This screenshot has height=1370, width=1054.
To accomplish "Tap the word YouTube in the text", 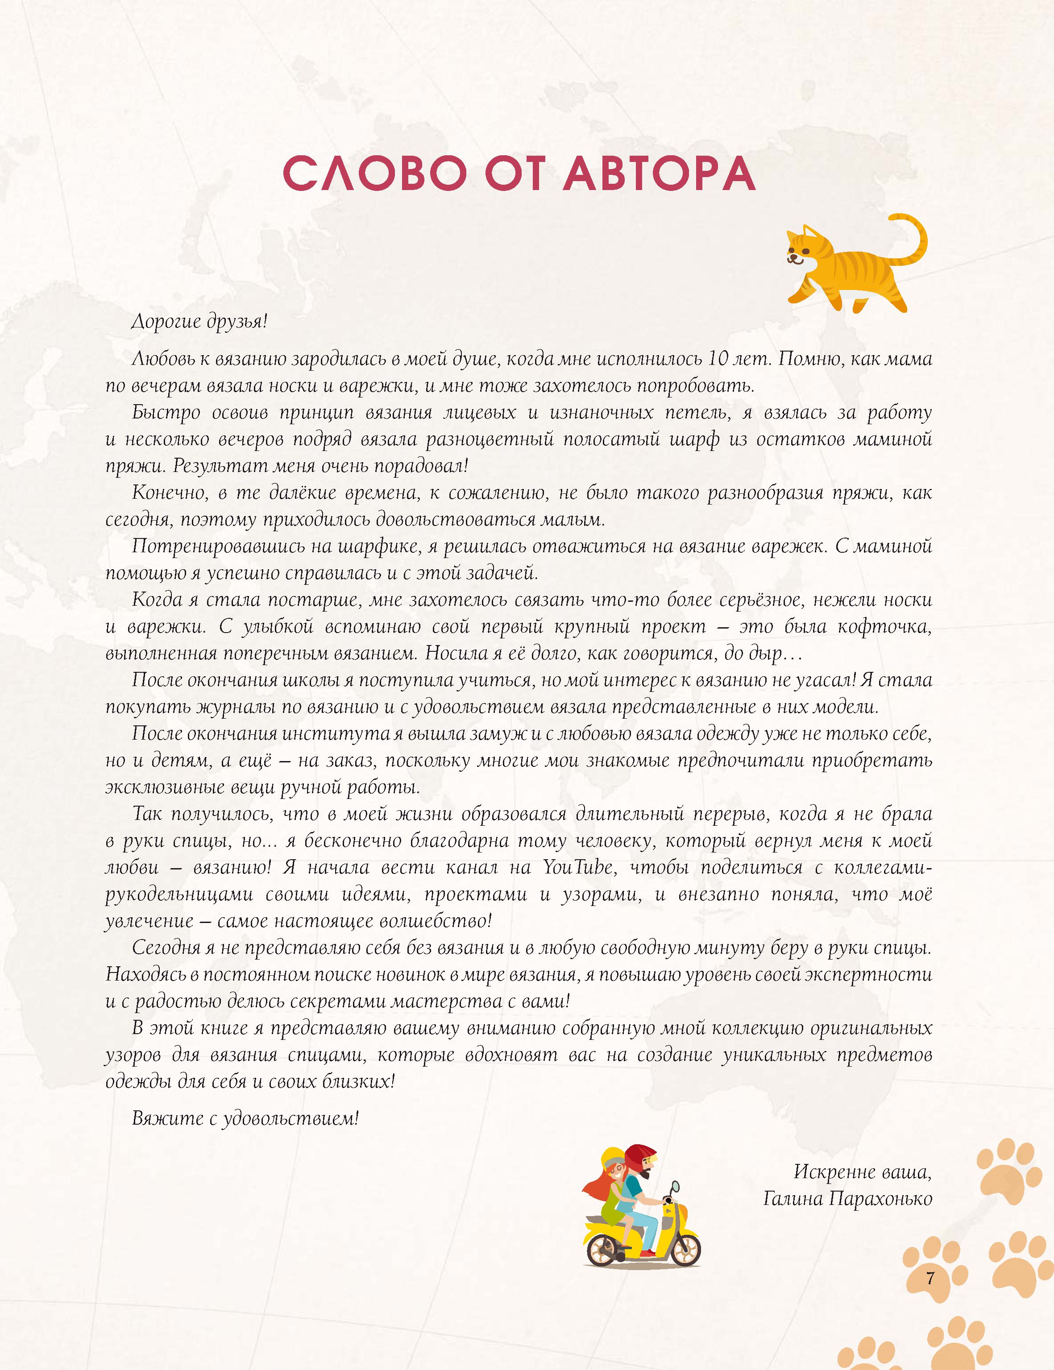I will click(577, 868).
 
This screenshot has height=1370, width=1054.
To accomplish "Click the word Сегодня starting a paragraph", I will click(166, 948).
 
